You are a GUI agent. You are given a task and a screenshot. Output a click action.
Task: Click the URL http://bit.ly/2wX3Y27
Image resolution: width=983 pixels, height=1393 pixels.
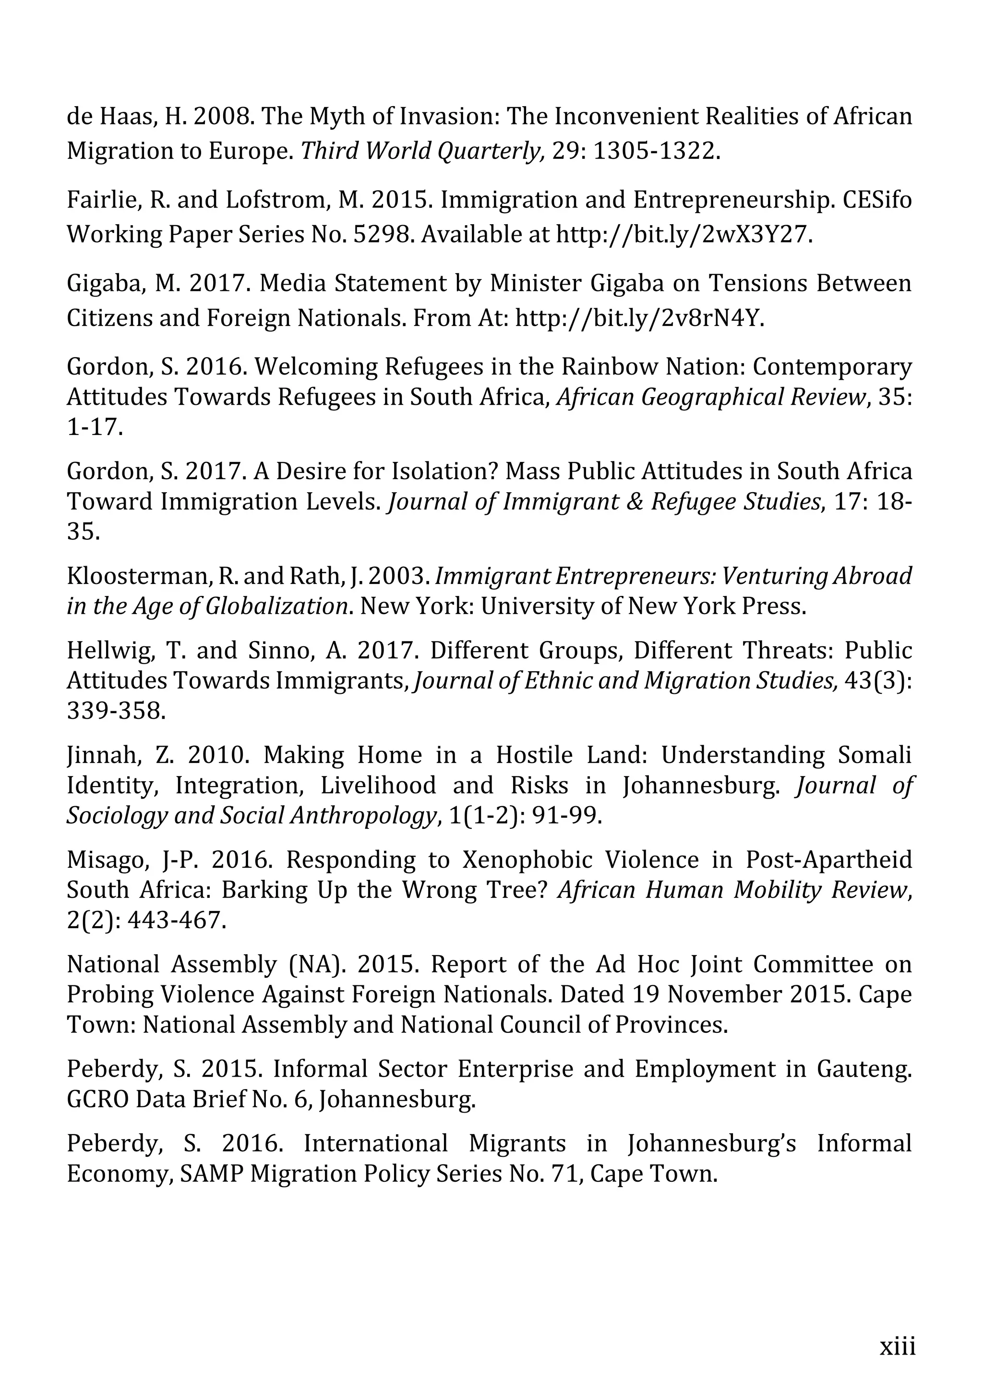tap(683, 234)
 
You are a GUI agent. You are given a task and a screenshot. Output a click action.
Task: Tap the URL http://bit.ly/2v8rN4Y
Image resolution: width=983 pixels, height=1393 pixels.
tap(639, 318)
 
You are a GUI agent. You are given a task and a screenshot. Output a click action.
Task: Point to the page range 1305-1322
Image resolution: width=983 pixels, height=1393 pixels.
tap(656, 150)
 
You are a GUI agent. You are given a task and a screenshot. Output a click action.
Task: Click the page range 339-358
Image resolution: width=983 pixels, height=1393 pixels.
tap(116, 711)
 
